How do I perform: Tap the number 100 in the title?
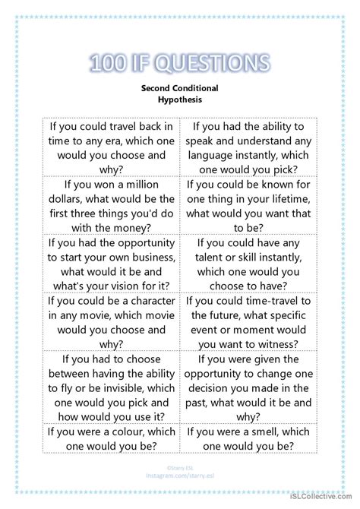click(112, 62)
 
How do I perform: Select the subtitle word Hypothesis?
click(179, 99)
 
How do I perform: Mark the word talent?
click(218, 258)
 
